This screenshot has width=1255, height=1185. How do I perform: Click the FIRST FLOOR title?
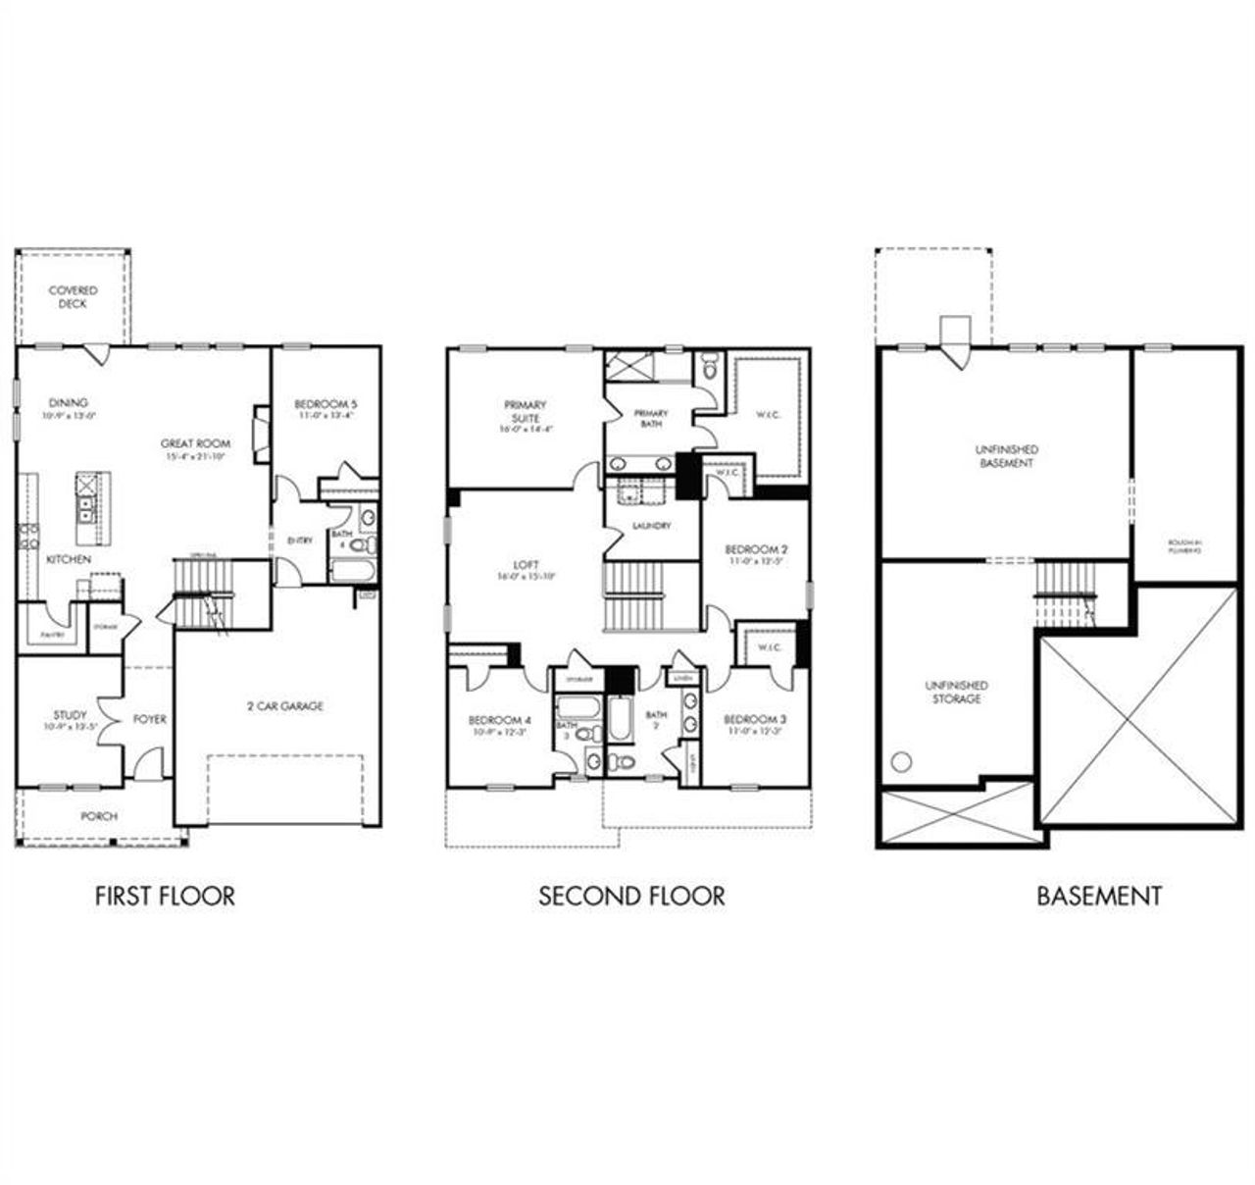coord(165,896)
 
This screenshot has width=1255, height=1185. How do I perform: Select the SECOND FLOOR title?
coord(631,896)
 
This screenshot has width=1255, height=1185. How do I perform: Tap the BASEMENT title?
coord(1099,896)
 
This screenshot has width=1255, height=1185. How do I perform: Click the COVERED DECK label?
coord(74,297)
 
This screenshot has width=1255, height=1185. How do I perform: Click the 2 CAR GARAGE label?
coord(284,705)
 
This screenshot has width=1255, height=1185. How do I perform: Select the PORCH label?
coord(99,815)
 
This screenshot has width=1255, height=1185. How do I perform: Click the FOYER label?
coord(149,719)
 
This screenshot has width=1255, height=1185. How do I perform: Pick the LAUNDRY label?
coord(652,526)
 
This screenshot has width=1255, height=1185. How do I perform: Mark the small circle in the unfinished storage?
coord(902,761)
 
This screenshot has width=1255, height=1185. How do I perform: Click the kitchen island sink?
coord(86,508)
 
